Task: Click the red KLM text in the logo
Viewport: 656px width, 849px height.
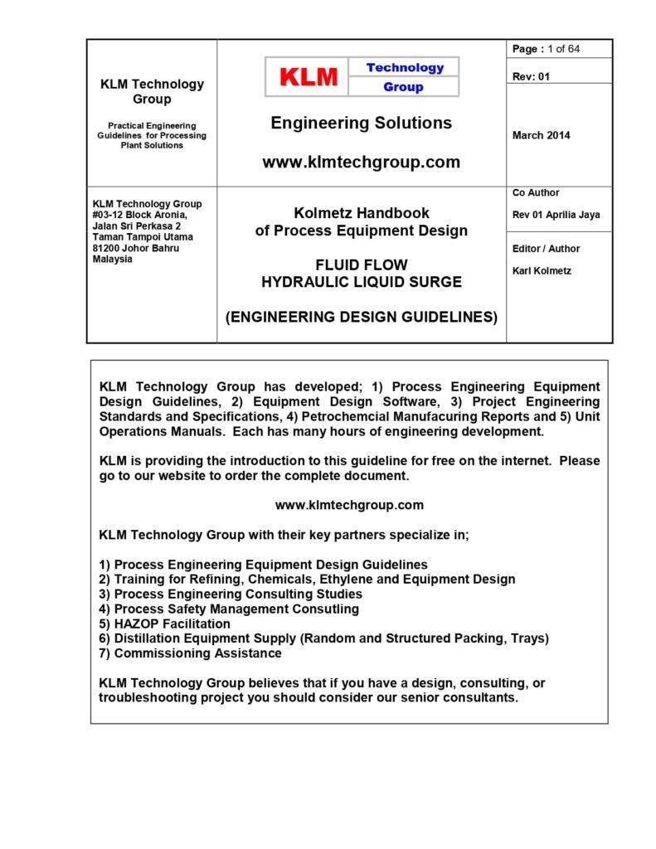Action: (x=309, y=77)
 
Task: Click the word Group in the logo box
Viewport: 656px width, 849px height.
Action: (x=403, y=87)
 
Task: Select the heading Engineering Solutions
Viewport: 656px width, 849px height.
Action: (x=361, y=124)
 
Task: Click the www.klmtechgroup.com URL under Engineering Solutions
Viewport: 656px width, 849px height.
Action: (x=361, y=163)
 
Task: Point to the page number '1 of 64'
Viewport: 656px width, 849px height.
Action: (x=564, y=49)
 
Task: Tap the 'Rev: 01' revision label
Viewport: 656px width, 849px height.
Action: (x=531, y=76)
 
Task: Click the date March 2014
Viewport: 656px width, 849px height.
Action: (x=541, y=135)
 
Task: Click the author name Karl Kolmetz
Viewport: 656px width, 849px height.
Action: (x=542, y=270)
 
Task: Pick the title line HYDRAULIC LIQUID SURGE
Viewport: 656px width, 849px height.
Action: (x=361, y=282)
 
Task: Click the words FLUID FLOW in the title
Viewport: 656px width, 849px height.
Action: (x=361, y=265)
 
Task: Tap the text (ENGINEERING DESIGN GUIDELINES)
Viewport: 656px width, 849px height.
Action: (x=361, y=317)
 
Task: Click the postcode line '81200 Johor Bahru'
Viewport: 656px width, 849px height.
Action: (x=136, y=248)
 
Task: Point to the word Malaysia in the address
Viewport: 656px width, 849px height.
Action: (x=112, y=259)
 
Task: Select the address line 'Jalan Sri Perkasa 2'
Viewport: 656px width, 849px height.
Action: (x=137, y=226)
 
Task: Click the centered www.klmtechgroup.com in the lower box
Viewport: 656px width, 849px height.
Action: (x=349, y=505)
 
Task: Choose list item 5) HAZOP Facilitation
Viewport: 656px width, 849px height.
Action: (x=164, y=623)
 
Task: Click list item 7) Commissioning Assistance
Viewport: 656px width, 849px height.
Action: (x=190, y=653)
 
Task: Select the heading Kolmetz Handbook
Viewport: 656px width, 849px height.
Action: (x=361, y=213)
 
